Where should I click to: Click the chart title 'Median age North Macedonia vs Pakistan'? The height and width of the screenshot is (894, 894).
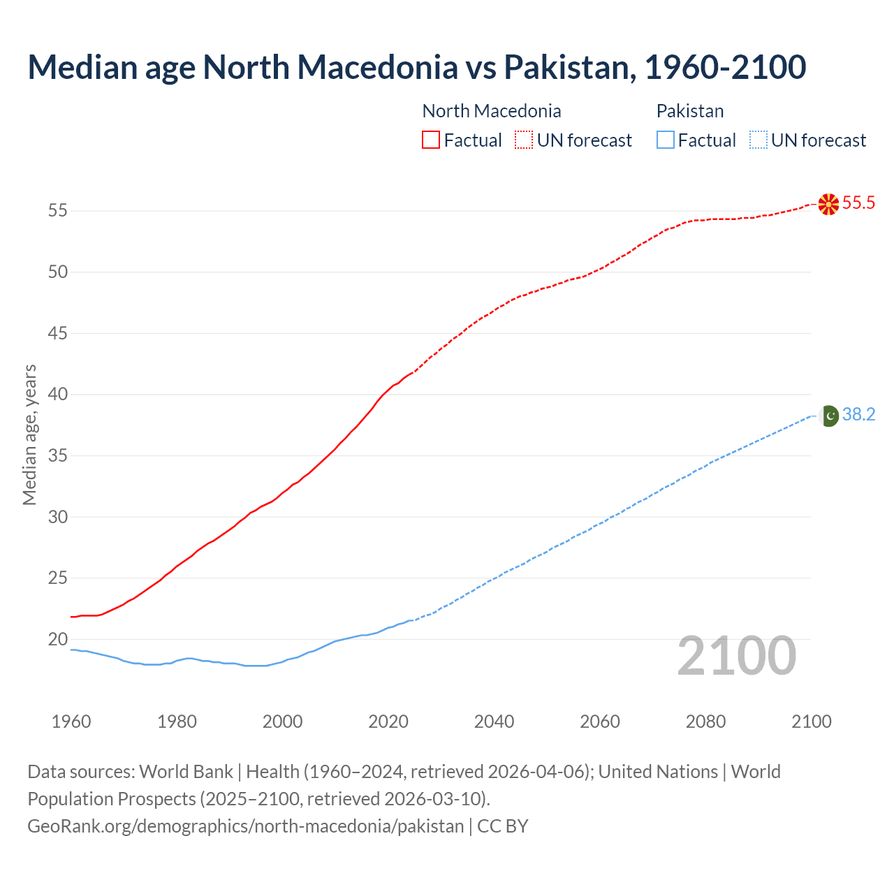[417, 67]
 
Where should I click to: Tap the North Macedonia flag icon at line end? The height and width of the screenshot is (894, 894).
[828, 204]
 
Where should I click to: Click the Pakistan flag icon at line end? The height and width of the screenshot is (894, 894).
[828, 416]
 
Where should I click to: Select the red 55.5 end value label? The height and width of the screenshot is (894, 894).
[858, 203]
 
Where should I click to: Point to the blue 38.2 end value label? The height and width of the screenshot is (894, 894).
[858, 415]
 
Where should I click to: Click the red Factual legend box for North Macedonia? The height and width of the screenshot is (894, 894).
[431, 140]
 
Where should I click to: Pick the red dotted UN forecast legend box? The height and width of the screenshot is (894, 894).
[524, 140]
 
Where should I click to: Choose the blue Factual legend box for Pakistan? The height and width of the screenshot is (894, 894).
[666, 140]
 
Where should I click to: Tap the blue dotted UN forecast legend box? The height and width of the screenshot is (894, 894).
[758, 140]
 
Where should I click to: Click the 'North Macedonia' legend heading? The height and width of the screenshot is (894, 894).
[492, 111]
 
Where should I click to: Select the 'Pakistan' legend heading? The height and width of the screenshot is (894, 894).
[690, 111]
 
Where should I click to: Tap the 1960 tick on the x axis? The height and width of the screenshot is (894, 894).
[71, 721]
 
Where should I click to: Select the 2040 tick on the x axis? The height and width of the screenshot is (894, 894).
[494, 721]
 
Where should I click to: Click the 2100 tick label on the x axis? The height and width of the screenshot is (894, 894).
[811, 721]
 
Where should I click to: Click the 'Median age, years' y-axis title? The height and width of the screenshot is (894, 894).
[29, 434]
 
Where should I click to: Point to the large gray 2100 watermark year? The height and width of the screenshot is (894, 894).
[737, 656]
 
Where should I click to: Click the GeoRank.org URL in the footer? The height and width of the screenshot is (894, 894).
[245, 826]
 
